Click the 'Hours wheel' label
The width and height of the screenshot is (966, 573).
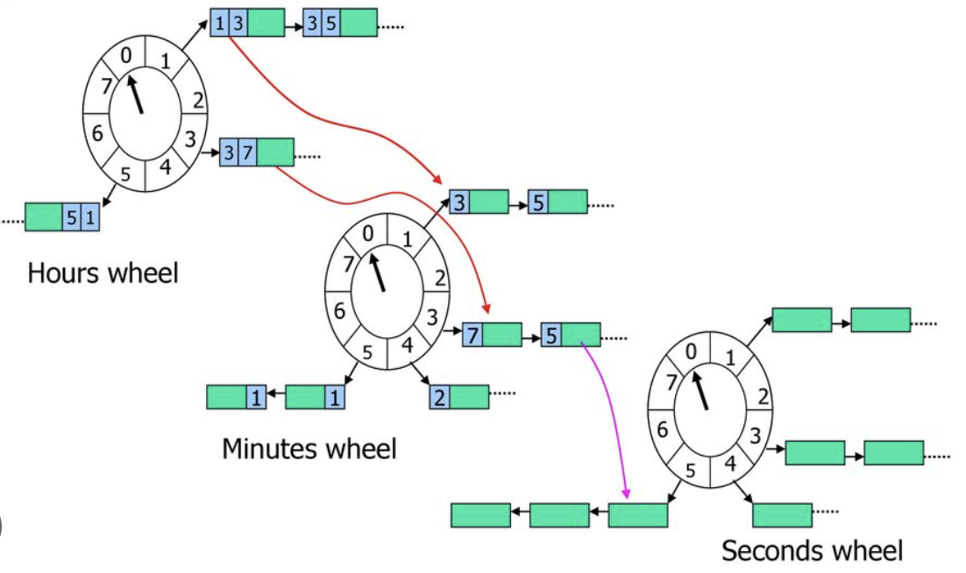[103, 272]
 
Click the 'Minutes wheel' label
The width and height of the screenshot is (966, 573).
[309, 449]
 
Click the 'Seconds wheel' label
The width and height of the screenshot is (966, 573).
[812, 551]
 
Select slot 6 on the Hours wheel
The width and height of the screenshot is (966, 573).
[97, 135]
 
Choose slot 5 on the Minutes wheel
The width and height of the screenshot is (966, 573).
[368, 352]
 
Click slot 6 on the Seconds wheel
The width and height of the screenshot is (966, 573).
[663, 429]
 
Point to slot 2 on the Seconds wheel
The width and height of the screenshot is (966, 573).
[764, 397]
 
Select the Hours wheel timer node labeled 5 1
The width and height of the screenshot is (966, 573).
[62, 216]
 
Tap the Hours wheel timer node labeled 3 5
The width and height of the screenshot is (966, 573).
[340, 23]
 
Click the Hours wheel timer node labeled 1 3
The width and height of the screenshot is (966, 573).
[247, 23]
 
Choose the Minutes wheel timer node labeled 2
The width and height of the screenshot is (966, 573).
[458, 397]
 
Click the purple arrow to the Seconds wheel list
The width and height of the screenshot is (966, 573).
[607, 412]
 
